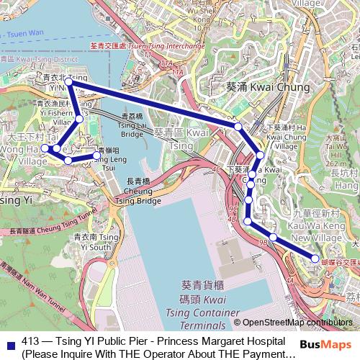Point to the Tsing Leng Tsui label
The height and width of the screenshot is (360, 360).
pyautogui.click(x=109, y=159)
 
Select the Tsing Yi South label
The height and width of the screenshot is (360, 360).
pyautogui.click(x=94, y=242)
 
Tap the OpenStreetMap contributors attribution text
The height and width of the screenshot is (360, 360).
pyautogui.click(x=297, y=323)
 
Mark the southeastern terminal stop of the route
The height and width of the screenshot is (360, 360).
pyautogui.click(x=315, y=258)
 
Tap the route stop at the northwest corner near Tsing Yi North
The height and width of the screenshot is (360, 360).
pyautogui.click(x=68, y=84)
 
